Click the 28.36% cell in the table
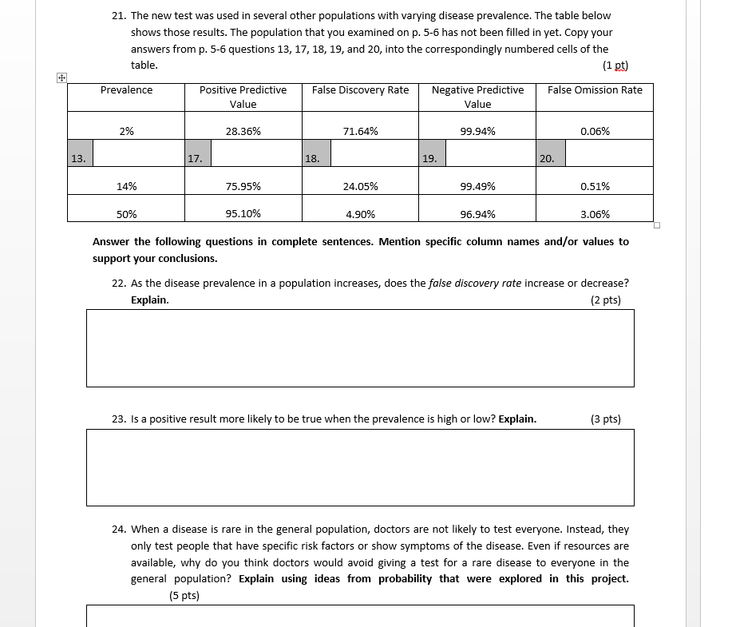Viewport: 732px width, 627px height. click(x=243, y=131)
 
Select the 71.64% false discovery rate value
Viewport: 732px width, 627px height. click(x=360, y=131)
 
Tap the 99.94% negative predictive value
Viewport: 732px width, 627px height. click(x=477, y=131)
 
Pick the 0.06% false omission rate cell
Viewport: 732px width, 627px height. click(x=595, y=131)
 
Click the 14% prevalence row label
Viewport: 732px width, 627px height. click(x=126, y=186)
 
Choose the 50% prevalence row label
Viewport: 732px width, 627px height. click(x=126, y=214)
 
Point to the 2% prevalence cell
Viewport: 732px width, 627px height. click(x=126, y=131)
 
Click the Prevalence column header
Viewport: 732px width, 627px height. click(x=126, y=90)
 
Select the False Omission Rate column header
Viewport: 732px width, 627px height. click(x=595, y=90)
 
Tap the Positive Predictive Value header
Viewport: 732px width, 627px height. click(x=243, y=97)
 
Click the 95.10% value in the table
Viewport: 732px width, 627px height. click(x=243, y=214)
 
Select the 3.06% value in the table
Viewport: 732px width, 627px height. click(x=595, y=214)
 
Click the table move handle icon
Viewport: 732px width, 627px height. click(x=61, y=77)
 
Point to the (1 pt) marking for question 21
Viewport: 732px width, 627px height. click(x=615, y=65)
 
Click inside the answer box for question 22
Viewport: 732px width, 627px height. click(x=360, y=348)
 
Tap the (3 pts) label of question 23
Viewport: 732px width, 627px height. click(x=605, y=419)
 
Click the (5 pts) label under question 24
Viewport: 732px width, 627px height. click(x=184, y=595)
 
